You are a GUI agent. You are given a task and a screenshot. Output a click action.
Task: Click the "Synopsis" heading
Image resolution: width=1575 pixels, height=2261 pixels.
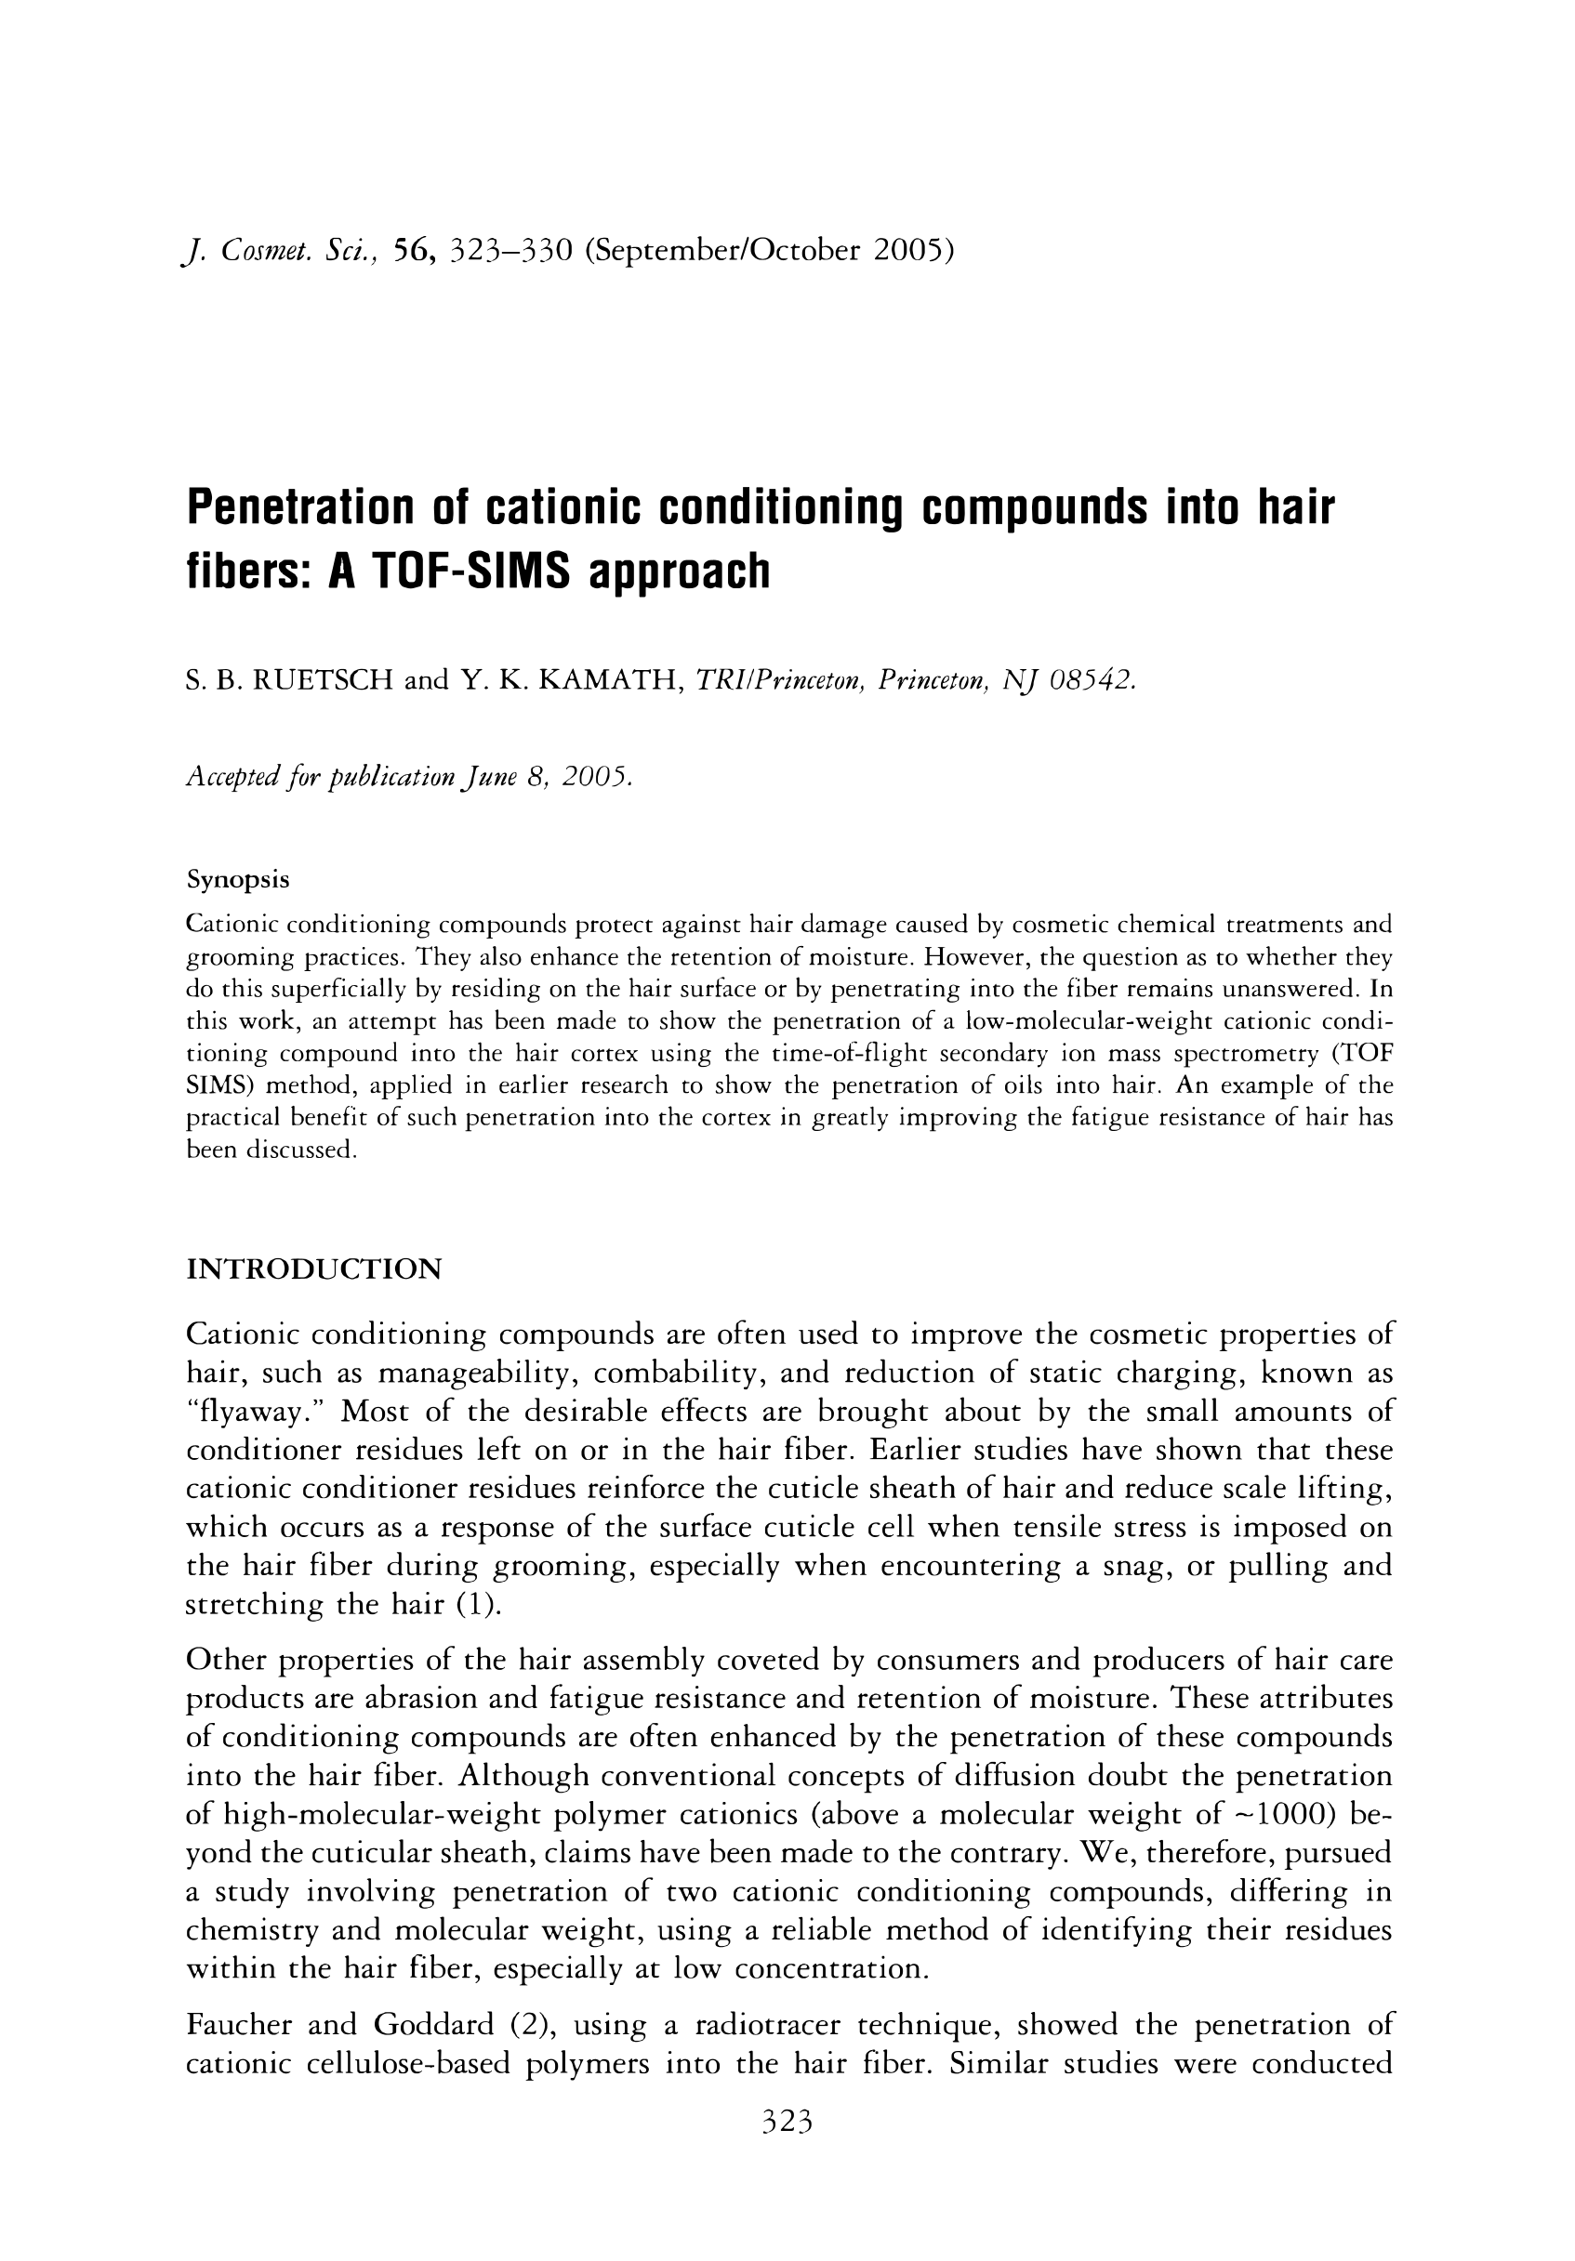coord(237,879)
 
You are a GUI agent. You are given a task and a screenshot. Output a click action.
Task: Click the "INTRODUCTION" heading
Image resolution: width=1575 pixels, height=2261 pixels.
coord(313,1269)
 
